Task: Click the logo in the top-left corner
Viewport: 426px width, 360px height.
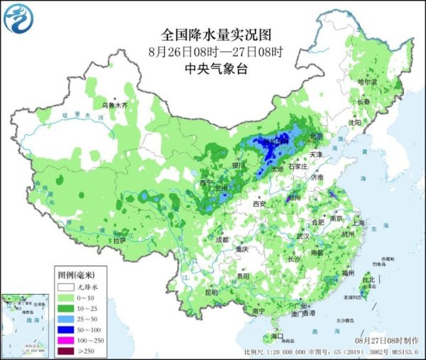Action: [x=18, y=18]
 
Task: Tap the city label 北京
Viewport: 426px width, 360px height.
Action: [x=317, y=136]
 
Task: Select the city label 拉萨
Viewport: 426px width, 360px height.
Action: [x=119, y=240]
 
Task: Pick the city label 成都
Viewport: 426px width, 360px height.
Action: [x=222, y=240]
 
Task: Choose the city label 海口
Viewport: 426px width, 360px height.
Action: [x=277, y=336]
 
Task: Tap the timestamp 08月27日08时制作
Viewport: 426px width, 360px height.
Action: [x=388, y=342]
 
